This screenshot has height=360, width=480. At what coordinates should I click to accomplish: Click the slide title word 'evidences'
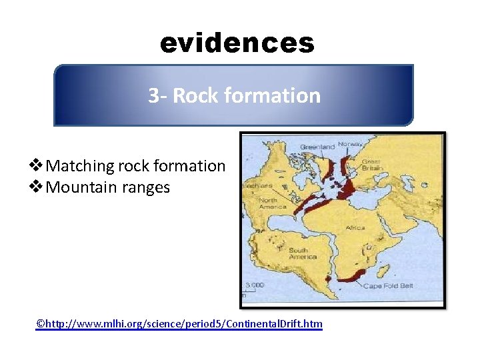[237, 43]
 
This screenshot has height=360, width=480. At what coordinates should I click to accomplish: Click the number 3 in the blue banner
[153, 96]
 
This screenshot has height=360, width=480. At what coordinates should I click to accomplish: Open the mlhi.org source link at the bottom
[179, 324]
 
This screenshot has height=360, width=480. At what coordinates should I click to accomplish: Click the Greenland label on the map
[317, 146]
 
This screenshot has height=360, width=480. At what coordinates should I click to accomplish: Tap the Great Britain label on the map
[372, 164]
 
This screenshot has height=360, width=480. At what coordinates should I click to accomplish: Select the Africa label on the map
[355, 228]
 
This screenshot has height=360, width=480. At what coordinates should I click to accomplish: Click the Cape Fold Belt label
[388, 286]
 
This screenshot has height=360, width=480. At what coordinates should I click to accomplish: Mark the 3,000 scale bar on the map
[254, 286]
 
